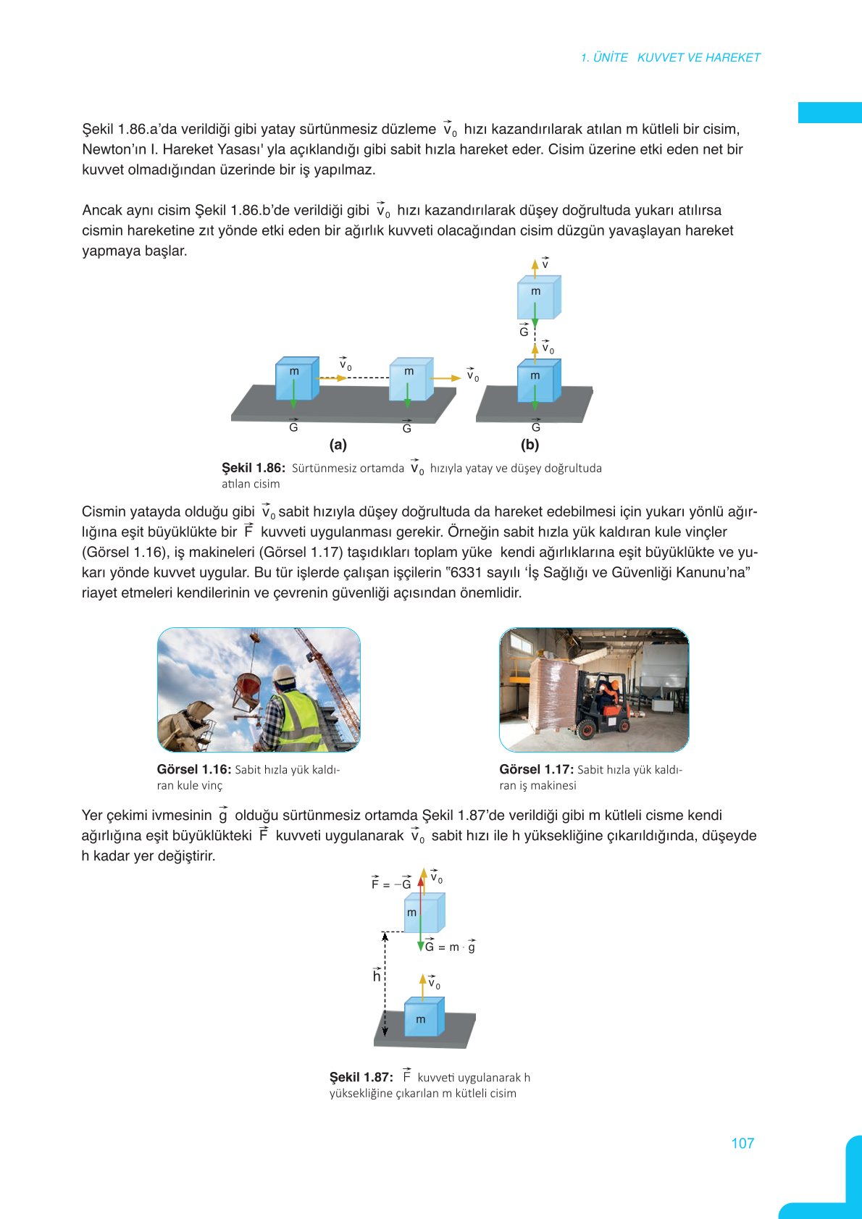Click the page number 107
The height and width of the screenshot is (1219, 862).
coord(742,1143)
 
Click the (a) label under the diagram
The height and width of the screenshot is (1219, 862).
coord(338,445)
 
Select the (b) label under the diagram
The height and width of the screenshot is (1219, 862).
coord(530,445)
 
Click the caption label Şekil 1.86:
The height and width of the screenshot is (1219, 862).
coord(254,468)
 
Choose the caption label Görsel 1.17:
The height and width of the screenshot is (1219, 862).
coord(536,769)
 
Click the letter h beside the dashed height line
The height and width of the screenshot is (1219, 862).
coord(377,976)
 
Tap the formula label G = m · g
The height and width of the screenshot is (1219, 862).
coord(450,947)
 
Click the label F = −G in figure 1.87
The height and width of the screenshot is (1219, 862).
coord(391,884)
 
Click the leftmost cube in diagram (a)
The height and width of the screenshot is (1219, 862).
coord(296,378)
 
